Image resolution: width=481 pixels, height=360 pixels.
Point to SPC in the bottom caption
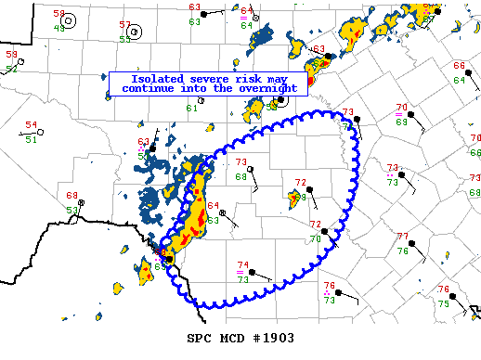click(199, 337)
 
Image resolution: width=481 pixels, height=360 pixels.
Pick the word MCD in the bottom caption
click(232, 337)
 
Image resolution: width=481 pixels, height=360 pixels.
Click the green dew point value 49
click(58, 28)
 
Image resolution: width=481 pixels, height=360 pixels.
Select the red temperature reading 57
click(125, 24)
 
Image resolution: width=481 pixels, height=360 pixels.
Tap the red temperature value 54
click(31, 125)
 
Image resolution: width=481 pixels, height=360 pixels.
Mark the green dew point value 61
click(192, 109)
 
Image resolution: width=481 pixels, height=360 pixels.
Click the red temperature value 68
click(71, 196)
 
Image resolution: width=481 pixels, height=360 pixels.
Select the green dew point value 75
click(443, 303)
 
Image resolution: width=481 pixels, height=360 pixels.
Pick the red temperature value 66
click(459, 66)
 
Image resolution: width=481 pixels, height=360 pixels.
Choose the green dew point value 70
click(314, 238)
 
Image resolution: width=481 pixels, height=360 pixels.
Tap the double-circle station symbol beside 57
click(136, 32)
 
